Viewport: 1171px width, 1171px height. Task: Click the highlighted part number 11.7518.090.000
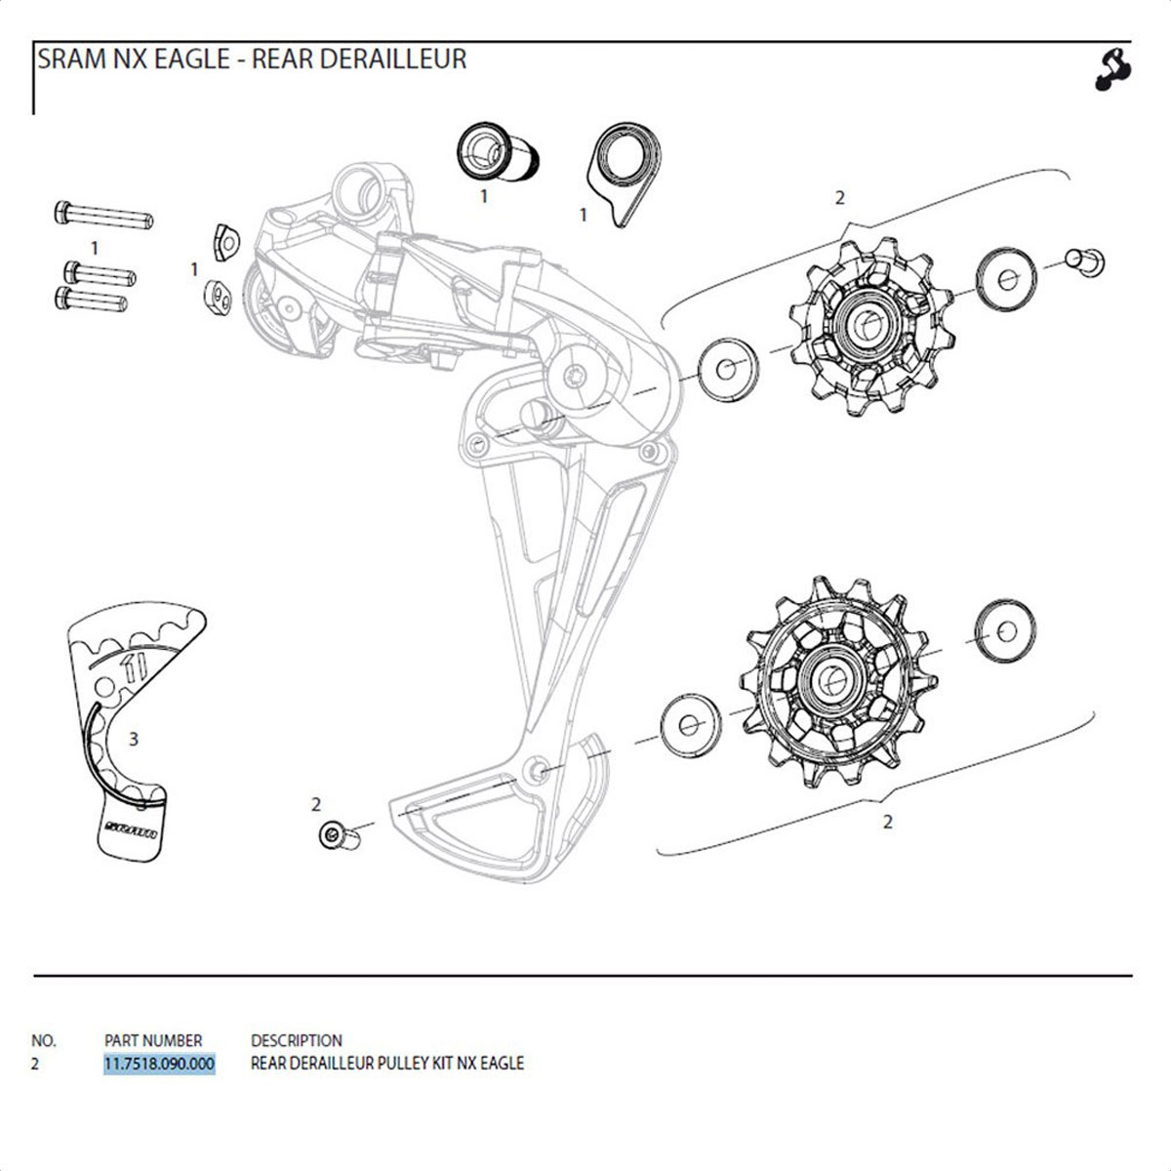[x=159, y=1064]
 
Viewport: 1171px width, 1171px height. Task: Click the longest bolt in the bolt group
[x=102, y=213]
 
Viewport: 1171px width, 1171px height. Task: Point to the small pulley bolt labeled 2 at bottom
[x=336, y=835]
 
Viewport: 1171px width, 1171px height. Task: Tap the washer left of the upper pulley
[x=728, y=370]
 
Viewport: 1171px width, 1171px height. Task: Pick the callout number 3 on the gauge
[x=134, y=739]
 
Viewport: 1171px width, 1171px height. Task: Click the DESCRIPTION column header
[x=297, y=1040]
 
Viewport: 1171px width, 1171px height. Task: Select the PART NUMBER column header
[x=153, y=1040]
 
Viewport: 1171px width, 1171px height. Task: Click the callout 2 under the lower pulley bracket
[x=887, y=822]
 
